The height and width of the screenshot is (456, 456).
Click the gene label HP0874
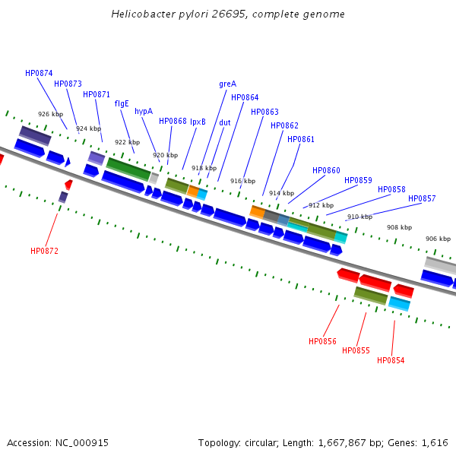pyautogui.click(x=39, y=73)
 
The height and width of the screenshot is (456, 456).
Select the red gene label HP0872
pyautogui.click(x=44, y=251)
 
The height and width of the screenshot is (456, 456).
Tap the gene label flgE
pyautogui.click(x=122, y=103)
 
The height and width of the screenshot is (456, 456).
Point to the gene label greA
pyautogui.click(x=227, y=84)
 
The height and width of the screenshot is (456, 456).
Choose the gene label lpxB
pyautogui.click(x=198, y=122)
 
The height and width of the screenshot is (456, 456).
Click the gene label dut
pyautogui.click(x=225, y=122)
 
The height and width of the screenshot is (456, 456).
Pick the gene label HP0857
pyautogui.click(x=422, y=198)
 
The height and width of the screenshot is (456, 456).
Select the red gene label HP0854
pyautogui.click(x=391, y=360)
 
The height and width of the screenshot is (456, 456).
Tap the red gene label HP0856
pyautogui.click(x=322, y=341)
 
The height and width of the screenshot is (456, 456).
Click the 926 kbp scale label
pyautogui.click(x=50, y=114)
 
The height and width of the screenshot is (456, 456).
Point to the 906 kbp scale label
pyautogui.click(x=438, y=239)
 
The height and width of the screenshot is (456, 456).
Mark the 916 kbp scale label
pyautogui.click(x=242, y=181)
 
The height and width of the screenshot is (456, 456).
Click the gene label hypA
pyautogui.click(x=144, y=111)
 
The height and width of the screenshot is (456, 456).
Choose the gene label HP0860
pyautogui.click(x=326, y=170)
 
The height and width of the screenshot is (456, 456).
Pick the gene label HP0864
pyautogui.click(x=245, y=97)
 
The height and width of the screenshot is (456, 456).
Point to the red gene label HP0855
pyautogui.click(x=356, y=350)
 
